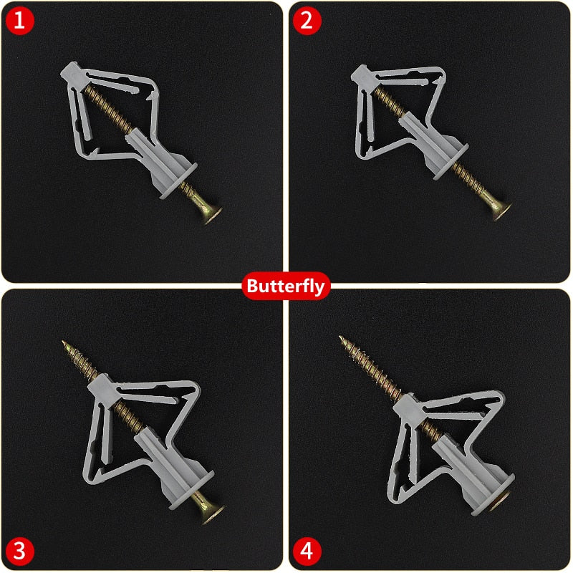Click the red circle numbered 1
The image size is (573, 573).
pos(20,21)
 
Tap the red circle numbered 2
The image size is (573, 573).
pos(307,21)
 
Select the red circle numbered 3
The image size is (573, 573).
pos(20,551)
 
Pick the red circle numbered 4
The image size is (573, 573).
pos(307,551)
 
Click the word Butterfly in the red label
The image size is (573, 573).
pos(286,286)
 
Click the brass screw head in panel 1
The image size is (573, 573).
pos(211,213)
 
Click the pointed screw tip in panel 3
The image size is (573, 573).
pos(63,342)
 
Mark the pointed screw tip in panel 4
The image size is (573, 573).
pos(340,337)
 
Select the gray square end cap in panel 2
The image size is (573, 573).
pos(364,78)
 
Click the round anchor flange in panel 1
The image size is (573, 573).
pos(178,180)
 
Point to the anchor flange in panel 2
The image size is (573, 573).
pos(451,162)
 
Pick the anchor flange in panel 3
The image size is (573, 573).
pos(191,490)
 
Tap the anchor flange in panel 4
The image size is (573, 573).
pos(493,495)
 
